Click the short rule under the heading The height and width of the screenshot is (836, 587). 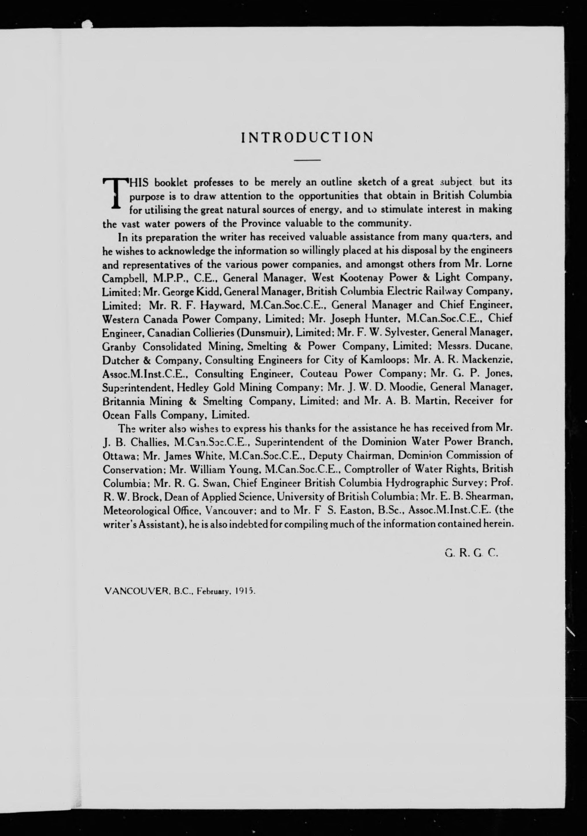pos(307,160)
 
